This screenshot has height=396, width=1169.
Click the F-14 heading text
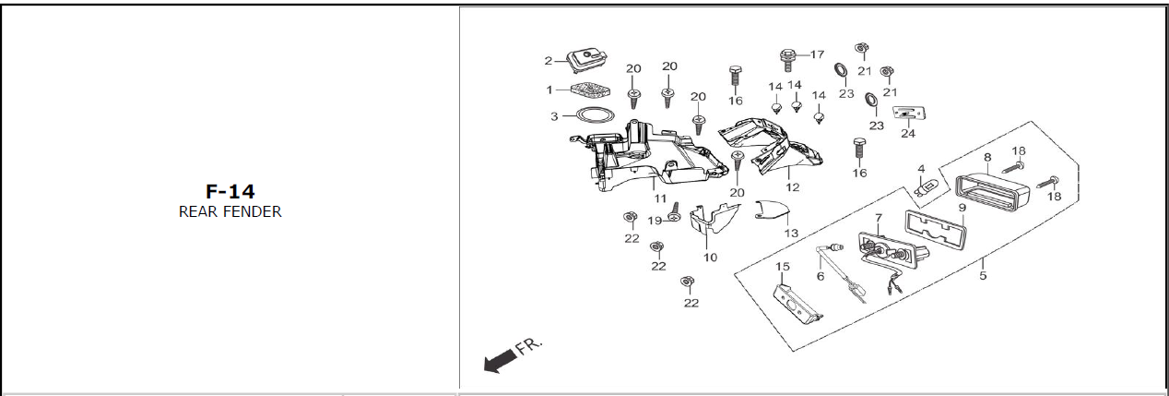click(x=230, y=192)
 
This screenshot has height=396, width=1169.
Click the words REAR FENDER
click(x=230, y=211)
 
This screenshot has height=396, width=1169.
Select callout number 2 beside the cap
click(x=548, y=61)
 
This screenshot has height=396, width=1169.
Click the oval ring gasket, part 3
click(x=593, y=114)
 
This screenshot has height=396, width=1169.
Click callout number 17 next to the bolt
click(x=817, y=54)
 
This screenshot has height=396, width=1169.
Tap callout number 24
click(x=908, y=133)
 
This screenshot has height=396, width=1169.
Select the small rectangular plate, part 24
click(x=907, y=114)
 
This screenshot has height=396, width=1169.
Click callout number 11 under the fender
click(x=660, y=198)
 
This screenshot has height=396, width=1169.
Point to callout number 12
click(x=793, y=186)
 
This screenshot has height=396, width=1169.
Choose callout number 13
click(x=791, y=234)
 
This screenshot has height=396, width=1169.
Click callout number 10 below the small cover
click(x=709, y=257)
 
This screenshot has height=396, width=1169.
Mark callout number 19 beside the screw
click(x=655, y=221)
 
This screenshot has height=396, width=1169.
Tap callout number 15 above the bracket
click(x=782, y=267)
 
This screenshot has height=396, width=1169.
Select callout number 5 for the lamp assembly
click(x=983, y=275)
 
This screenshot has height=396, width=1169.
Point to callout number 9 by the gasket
click(x=962, y=208)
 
